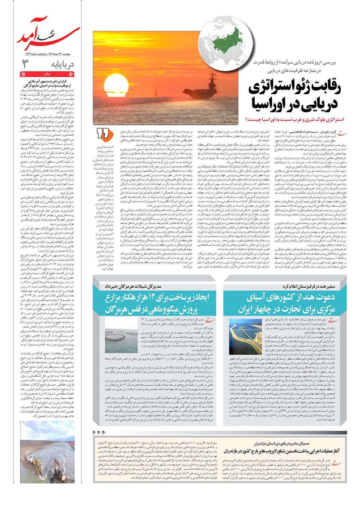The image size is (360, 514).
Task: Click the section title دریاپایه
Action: pos(64,64)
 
